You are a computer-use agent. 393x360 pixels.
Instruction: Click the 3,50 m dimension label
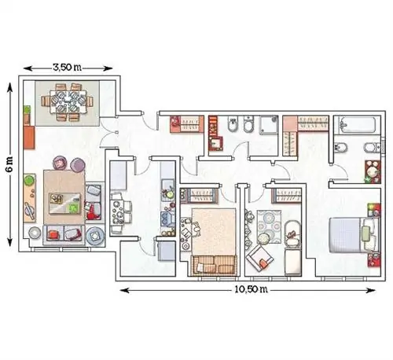click(67, 68)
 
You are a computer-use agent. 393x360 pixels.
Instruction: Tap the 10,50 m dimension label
click(251, 289)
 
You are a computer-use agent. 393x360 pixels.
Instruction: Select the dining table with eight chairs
click(68, 101)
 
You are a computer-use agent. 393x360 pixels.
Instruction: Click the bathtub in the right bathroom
click(357, 124)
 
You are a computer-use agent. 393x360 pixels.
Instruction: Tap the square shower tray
click(269, 125)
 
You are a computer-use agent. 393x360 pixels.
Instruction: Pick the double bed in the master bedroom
click(354, 235)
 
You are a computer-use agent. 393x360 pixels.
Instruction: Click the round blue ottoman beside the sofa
click(95, 235)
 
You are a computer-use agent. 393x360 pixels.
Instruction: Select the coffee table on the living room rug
click(65, 204)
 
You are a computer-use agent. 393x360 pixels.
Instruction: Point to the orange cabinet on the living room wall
click(29, 138)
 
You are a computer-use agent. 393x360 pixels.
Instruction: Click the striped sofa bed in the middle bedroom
click(215, 266)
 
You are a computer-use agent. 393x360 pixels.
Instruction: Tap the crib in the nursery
click(292, 235)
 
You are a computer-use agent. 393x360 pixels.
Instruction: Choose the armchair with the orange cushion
click(259, 259)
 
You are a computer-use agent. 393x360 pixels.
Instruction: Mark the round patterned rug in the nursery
click(269, 226)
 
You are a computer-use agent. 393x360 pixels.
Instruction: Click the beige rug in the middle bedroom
click(214, 231)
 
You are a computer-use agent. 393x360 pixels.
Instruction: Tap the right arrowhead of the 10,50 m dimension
click(371, 290)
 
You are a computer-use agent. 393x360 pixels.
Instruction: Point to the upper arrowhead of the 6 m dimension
click(9, 87)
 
